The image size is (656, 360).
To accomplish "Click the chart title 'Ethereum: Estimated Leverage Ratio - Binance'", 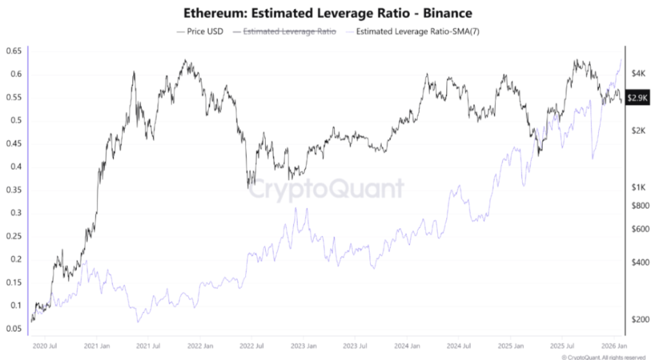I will (327, 12).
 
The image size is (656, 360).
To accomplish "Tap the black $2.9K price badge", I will (638, 98).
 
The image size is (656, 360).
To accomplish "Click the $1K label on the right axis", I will (637, 188).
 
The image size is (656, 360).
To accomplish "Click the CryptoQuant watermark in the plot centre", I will (326, 189).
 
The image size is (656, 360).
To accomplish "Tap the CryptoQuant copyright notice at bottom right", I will (603, 357).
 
